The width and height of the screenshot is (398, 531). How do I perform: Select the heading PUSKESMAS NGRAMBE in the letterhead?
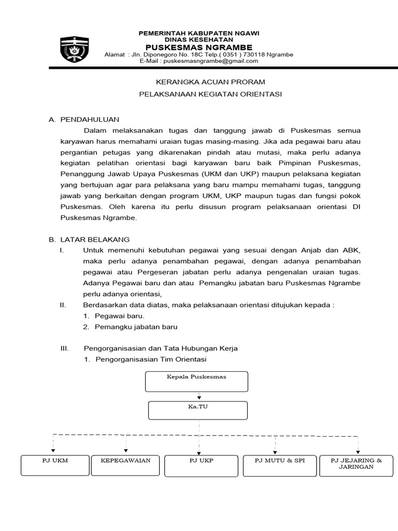coord(198,47)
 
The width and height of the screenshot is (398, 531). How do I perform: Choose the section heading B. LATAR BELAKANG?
coord(89,240)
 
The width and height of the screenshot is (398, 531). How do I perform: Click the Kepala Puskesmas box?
coord(197,381)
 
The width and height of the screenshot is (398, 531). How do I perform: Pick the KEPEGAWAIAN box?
coord(125,465)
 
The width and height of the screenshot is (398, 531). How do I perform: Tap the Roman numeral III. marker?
coord(65,348)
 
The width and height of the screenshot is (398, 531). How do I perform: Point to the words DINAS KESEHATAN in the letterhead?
coord(198,40)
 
